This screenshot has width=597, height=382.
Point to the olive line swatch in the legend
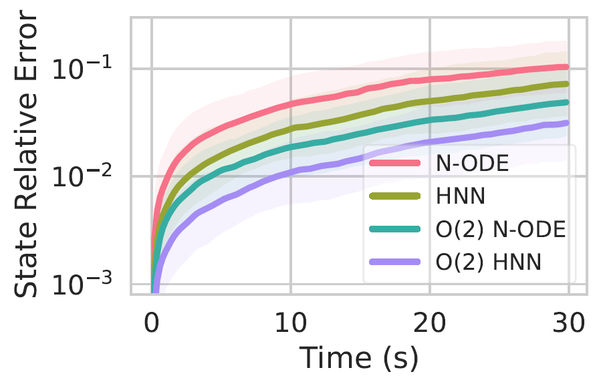point(395,196)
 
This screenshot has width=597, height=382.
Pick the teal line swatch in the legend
point(395,230)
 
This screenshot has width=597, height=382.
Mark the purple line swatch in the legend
point(395,263)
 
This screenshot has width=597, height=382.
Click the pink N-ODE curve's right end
point(567,67)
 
